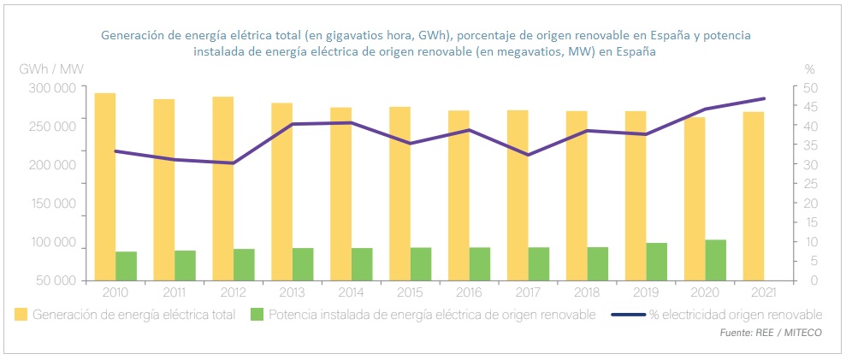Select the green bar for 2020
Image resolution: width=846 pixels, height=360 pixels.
[716, 260]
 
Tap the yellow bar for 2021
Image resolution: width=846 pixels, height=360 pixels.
[754, 196]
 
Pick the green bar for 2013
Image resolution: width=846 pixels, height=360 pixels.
[303, 264]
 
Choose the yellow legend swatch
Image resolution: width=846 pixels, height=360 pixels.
[21, 315]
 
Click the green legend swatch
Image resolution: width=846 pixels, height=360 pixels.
[257, 315]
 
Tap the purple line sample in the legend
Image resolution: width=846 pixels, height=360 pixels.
[629, 315]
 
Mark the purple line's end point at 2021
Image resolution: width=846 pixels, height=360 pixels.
[763, 98]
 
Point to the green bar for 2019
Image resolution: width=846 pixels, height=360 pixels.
[657, 262]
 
